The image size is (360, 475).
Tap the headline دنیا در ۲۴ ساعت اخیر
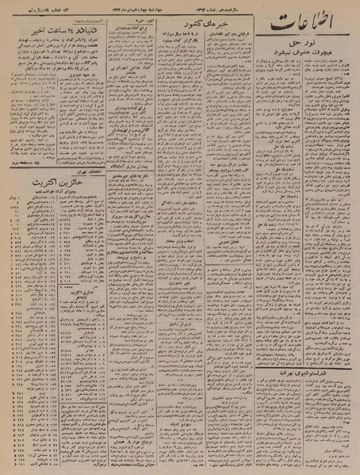pos(53,33)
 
